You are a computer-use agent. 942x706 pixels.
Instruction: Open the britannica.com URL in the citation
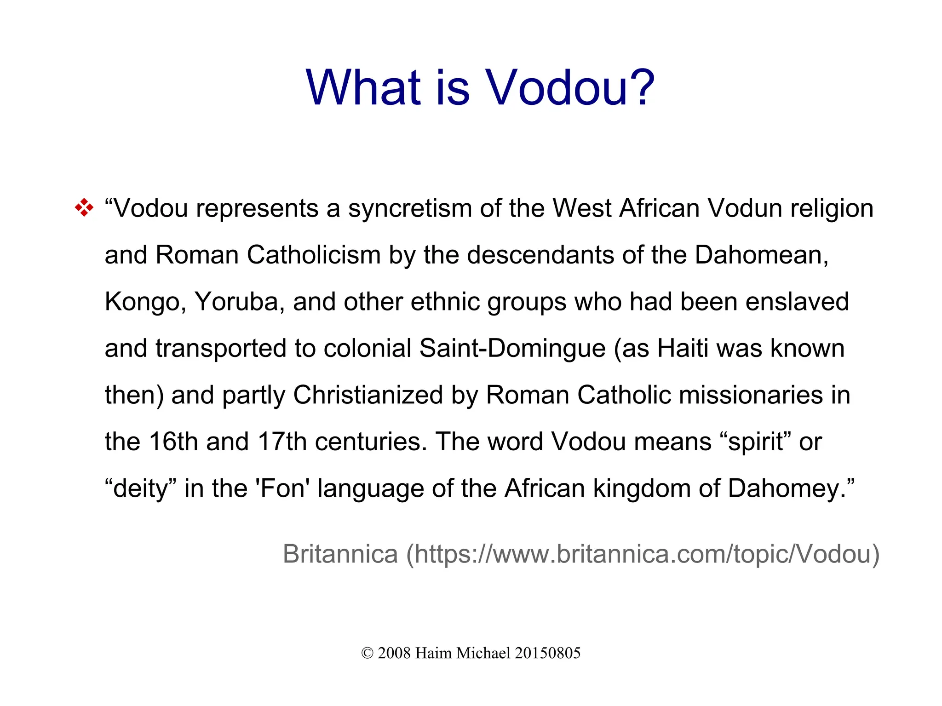click(643, 554)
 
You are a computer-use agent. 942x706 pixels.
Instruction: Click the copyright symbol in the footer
click(367, 653)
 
